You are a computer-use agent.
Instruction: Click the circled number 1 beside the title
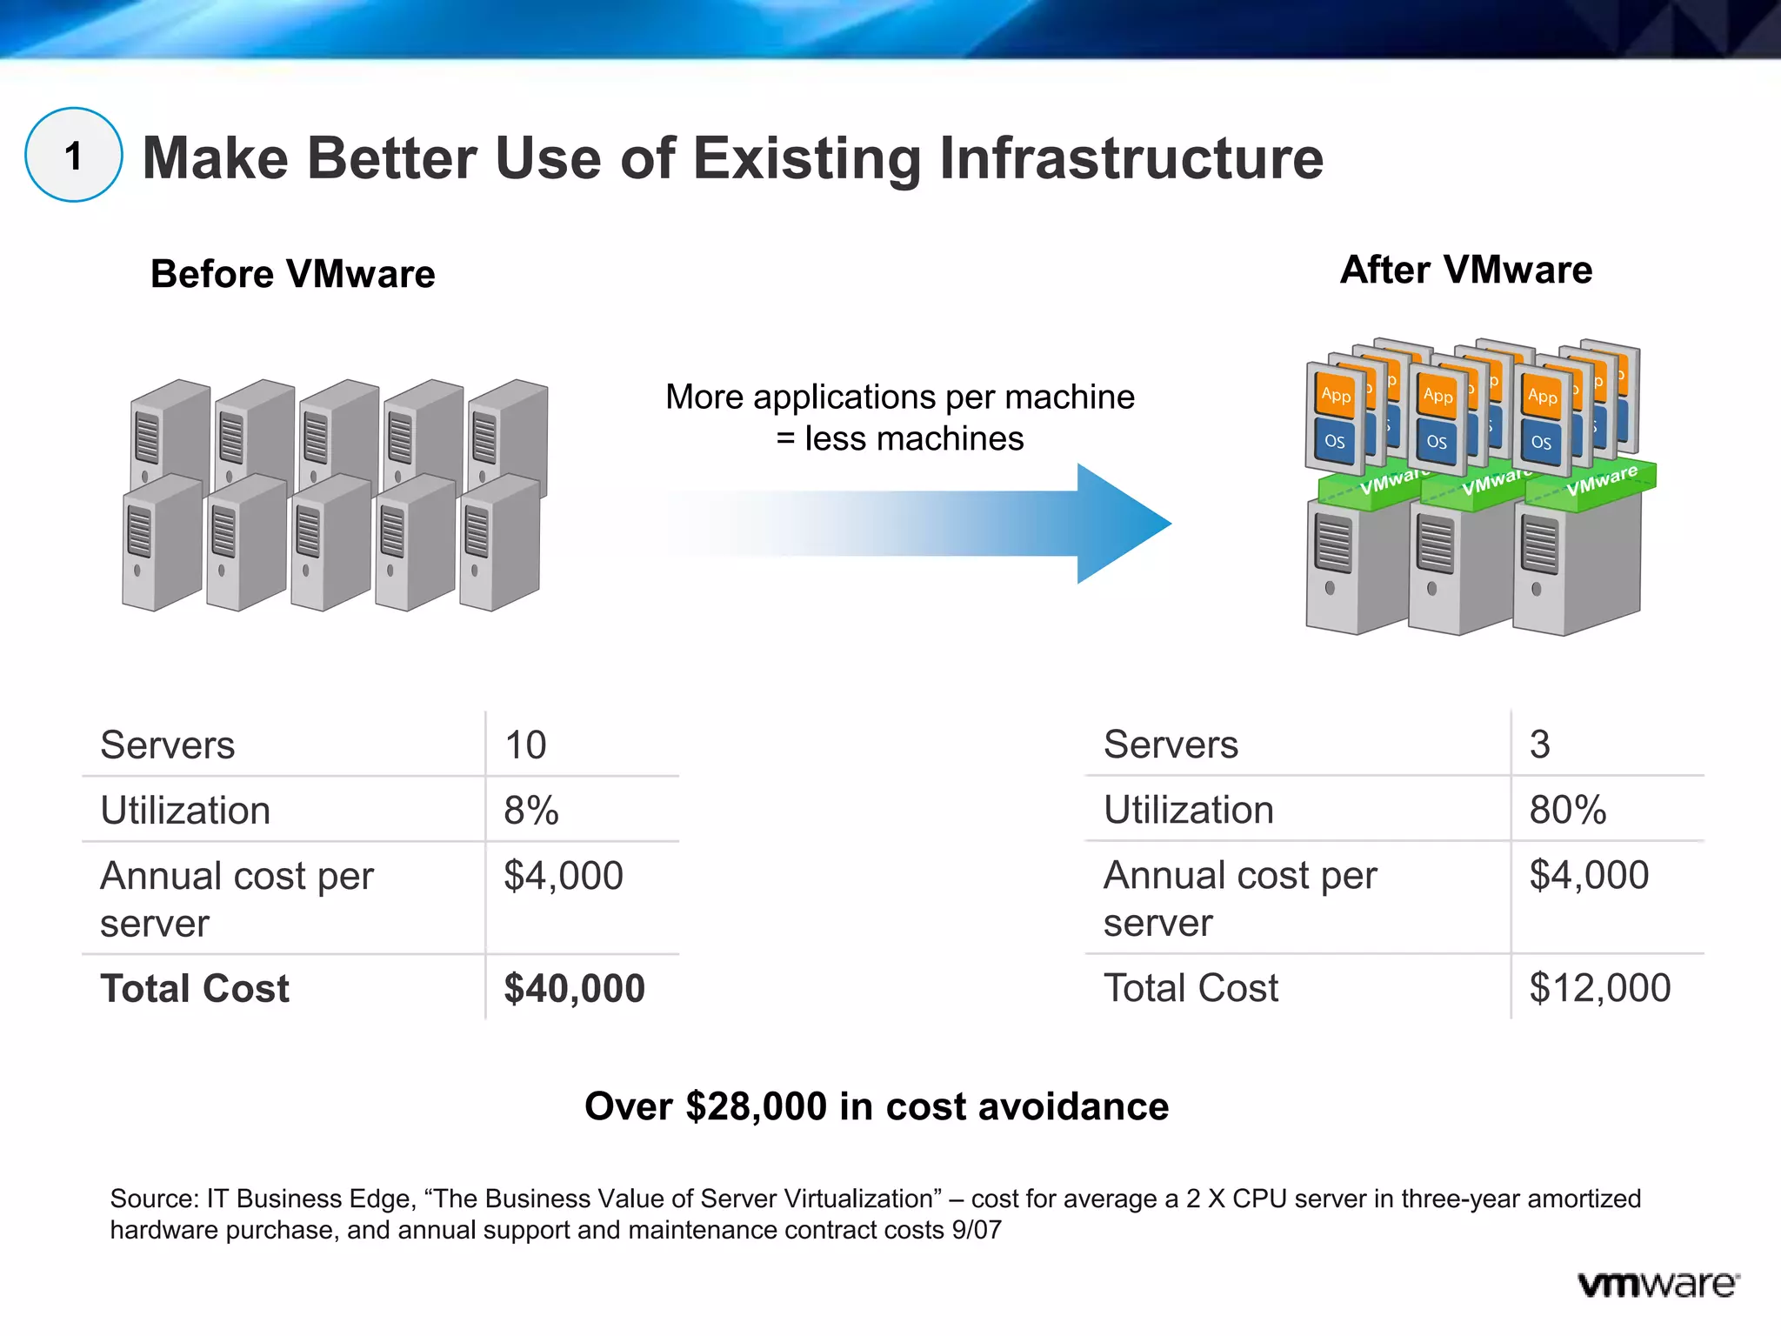(x=74, y=156)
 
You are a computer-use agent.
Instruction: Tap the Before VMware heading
(x=292, y=274)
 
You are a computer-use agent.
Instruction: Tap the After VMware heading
(x=1466, y=270)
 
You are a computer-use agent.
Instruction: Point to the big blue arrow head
(x=1122, y=524)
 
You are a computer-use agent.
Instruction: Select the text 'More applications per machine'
(x=900, y=397)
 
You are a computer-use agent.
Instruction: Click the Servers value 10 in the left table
(x=525, y=745)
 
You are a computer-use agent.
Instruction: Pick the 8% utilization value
(x=530, y=811)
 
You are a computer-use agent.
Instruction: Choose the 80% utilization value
(x=1567, y=810)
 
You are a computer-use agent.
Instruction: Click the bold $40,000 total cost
(x=574, y=989)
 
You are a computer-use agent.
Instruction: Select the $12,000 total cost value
(x=1599, y=988)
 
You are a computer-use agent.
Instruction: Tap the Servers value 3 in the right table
(x=1539, y=745)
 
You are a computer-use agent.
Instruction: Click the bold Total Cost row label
(x=195, y=989)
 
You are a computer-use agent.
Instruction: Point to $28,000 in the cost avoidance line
(x=756, y=1106)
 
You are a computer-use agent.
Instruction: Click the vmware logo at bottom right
(x=1658, y=1285)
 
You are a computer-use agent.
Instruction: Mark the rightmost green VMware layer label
(x=1601, y=481)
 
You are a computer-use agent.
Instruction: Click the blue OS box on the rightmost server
(x=1541, y=442)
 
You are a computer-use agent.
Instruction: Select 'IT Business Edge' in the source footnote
(x=309, y=1199)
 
